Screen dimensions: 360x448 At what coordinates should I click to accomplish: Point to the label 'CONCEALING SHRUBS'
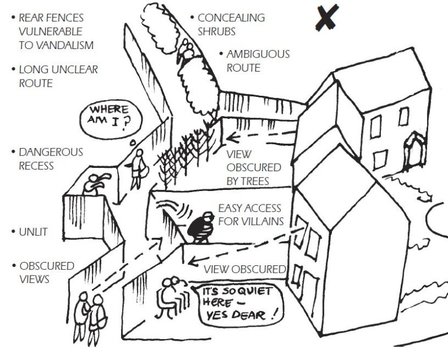pos(230,24)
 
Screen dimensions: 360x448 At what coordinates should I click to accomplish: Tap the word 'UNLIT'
pos(33,232)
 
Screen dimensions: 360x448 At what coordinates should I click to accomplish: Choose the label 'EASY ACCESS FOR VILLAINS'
pos(251,214)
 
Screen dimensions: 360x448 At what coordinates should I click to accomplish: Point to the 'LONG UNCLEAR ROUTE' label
pos(59,76)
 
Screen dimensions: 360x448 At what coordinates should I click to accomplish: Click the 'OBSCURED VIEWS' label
pos(46,272)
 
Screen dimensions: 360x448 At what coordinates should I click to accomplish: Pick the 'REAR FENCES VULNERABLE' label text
pos(52,25)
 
